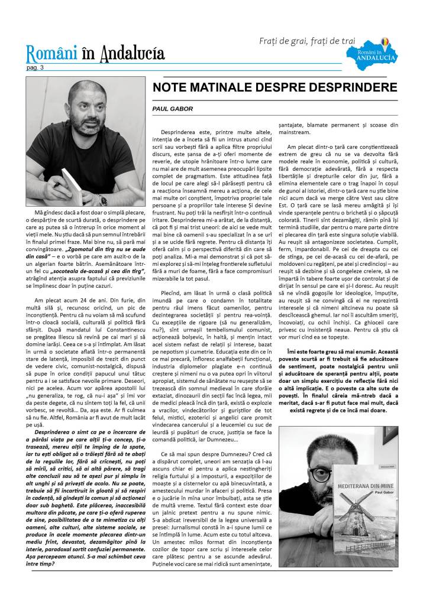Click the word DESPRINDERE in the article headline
click(x=354, y=87)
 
